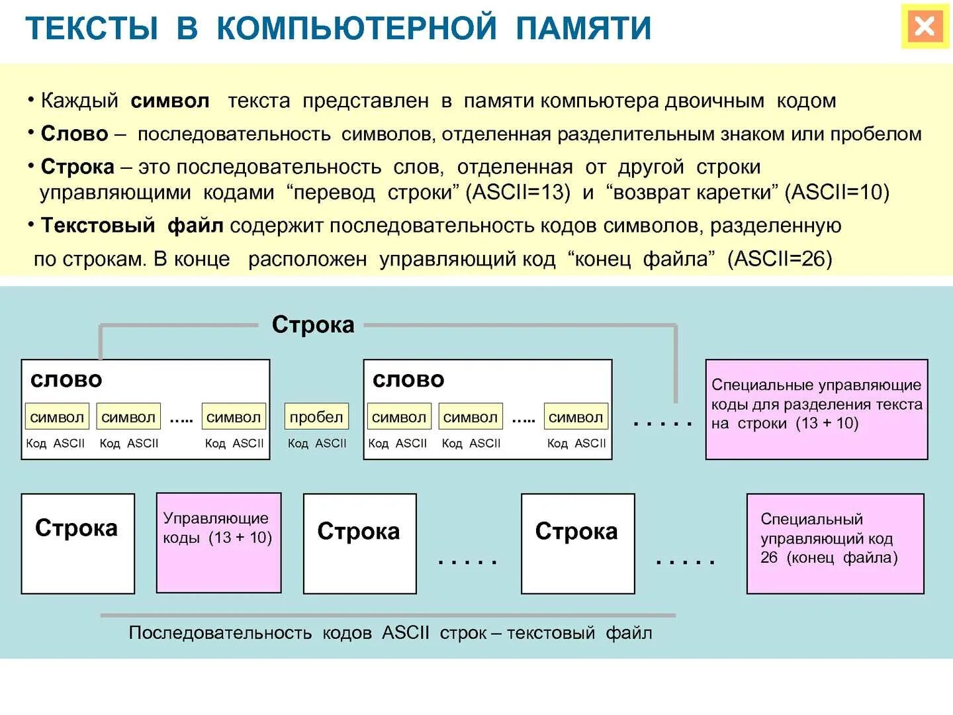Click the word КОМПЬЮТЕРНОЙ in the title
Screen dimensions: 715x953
click(356, 28)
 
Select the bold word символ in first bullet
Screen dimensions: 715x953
click(170, 101)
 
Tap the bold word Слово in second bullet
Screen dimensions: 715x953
click(74, 134)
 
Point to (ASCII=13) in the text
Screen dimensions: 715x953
click(518, 193)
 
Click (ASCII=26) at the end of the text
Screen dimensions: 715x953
click(780, 259)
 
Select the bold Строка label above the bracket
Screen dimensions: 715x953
click(313, 325)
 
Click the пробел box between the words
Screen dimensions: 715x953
click(316, 417)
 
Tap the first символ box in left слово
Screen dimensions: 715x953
click(57, 417)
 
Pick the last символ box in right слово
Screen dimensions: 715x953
click(576, 417)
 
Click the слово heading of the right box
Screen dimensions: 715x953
click(408, 380)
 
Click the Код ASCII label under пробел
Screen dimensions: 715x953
click(317, 444)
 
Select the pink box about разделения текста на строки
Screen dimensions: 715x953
click(817, 409)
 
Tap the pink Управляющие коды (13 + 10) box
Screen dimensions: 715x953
click(218, 543)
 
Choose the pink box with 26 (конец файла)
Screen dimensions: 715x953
click(835, 544)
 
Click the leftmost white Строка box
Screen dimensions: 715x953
click(78, 544)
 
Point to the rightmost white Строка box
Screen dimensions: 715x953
click(578, 544)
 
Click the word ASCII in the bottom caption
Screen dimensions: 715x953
click(405, 633)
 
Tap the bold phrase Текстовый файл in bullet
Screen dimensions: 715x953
click(132, 226)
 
